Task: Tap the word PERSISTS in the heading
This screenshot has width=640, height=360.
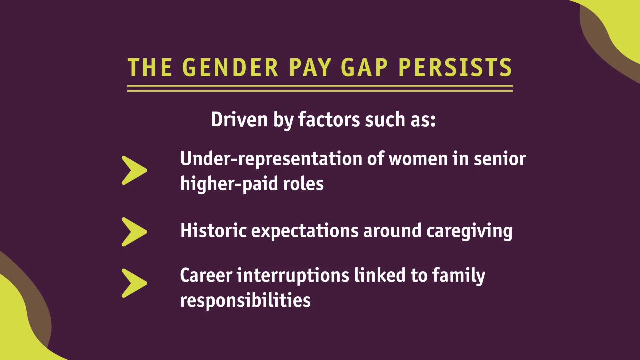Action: click(455, 67)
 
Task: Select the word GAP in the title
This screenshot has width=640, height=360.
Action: click(364, 67)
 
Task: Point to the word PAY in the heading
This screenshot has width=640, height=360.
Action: click(310, 67)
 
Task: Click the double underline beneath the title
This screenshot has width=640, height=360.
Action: click(320, 88)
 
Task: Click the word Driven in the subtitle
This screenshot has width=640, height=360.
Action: click(239, 119)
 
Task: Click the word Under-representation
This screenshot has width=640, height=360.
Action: click(271, 159)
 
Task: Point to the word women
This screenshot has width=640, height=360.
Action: click(418, 159)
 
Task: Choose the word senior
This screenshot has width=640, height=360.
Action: click(500, 159)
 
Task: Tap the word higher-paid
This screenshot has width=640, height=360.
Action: click(229, 184)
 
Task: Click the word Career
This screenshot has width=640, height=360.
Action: click(206, 276)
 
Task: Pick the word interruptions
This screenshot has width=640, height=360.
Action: click(293, 276)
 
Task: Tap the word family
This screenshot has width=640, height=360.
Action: click(459, 276)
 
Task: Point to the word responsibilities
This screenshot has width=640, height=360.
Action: click(245, 300)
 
